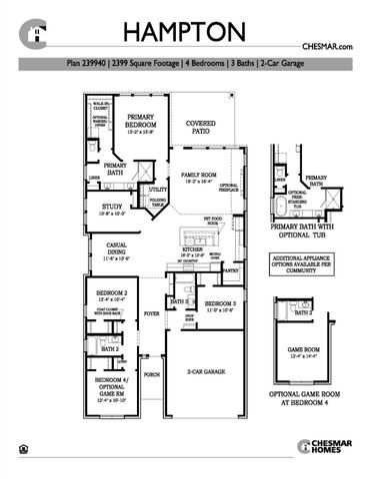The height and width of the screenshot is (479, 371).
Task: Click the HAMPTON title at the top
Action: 185,30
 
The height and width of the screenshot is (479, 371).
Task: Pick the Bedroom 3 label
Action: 219,304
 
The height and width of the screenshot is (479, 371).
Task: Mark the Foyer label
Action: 152,312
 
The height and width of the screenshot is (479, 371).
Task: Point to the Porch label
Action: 151,375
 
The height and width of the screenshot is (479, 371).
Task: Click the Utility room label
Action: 157,189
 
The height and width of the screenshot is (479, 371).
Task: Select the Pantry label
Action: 230,270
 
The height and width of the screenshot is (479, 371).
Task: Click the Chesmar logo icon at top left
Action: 38,33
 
